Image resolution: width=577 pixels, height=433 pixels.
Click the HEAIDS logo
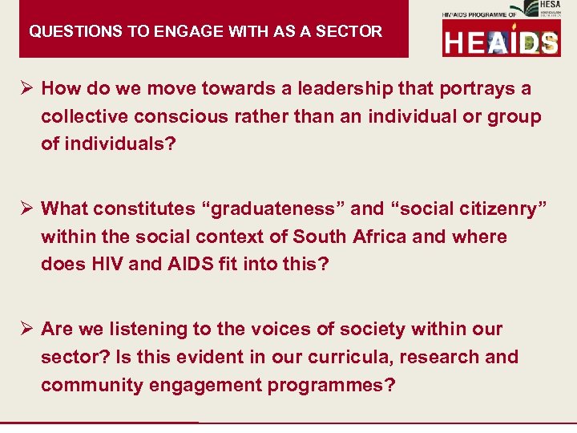[x=501, y=40]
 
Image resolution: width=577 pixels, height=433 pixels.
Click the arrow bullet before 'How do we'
[x=27, y=88]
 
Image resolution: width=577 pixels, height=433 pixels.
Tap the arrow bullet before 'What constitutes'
[x=27, y=208]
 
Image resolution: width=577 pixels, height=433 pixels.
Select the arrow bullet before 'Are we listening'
[x=27, y=329]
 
